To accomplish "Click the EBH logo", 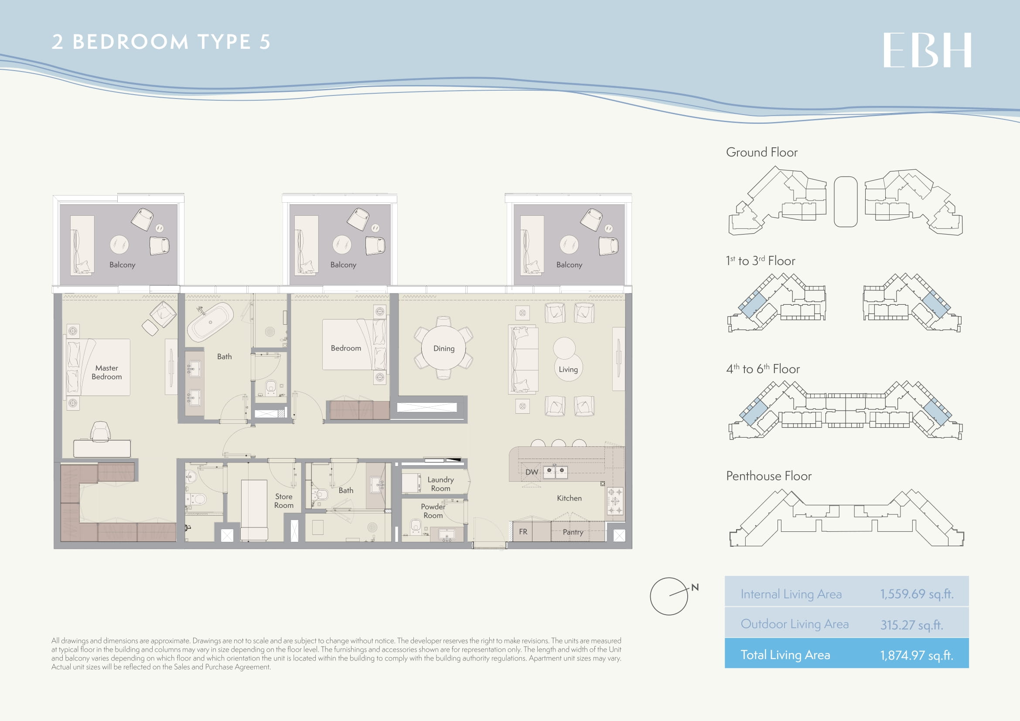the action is pyautogui.click(x=927, y=50).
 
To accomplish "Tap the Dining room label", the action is pyautogui.click(x=444, y=349).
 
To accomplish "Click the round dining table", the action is pyautogui.click(x=444, y=348).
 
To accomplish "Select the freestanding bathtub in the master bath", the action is pyautogui.click(x=210, y=322).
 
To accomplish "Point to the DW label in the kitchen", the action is pyautogui.click(x=532, y=472).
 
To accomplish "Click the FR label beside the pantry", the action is pyautogui.click(x=523, y=531).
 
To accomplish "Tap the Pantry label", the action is pyautogui.click(x=573, y=532).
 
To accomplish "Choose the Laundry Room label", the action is pyautogui.click(x=441, y=484).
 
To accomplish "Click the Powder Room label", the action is pyautogui.click(x=433, y=511).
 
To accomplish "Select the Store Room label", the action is pyautogui.click(x=284, y=501).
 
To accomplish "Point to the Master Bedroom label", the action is pyautogui.click(x=106, y=372).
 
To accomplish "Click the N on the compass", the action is pyautogui.click(x=695, y=587).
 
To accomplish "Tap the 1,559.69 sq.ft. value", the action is pyautogui.click(x=917, y=594).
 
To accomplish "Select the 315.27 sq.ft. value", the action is pyautogui.click(x=911, y=625).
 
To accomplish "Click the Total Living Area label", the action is pyautogui.click(x=785, y=655).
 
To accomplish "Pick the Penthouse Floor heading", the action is pyautogui.click(x=768, y=476).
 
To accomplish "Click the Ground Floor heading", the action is pyautogui.click(x=761, y=152).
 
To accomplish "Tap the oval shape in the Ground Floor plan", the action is pyautogui.click(x=846, y=201).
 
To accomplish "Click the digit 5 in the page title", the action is pyautogui.click(x=265, y=42).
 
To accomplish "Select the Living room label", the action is pyautogui.click(x=568, y=369).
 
